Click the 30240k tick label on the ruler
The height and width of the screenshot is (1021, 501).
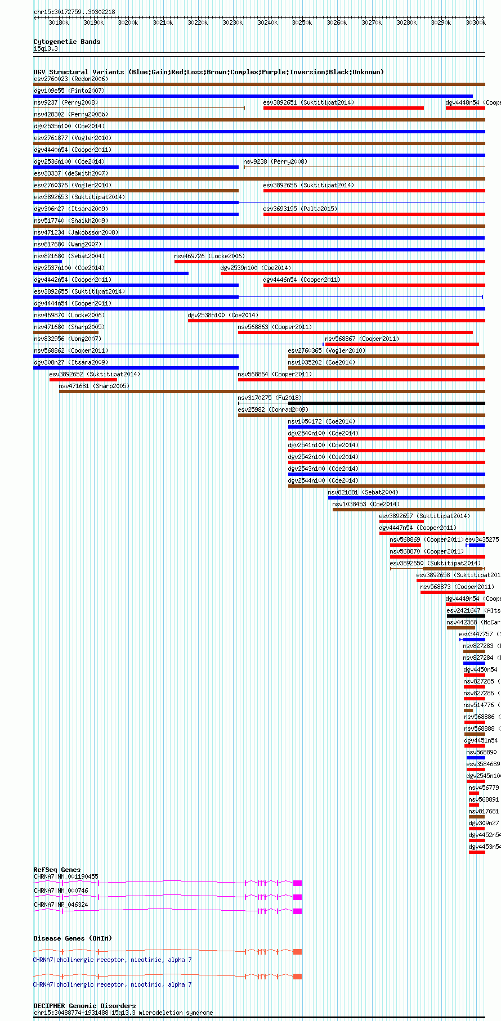tap(267, 23)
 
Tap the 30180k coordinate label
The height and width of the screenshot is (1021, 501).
tap(59, 23)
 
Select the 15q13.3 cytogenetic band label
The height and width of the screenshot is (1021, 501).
tap(46, 49)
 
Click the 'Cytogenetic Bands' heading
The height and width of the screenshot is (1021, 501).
tap(66, 42)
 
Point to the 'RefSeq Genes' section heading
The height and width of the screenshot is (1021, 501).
tap(57, 870)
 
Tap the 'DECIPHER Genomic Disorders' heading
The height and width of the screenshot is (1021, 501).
tap(84, 1006)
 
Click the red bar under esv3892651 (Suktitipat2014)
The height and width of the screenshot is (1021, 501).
tap(343, 108)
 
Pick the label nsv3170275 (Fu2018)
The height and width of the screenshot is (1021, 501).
tap(262, 398)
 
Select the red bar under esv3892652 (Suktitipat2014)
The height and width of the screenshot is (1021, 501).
tap(83, 380)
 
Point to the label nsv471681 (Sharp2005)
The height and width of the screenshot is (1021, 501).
tap(94, 386)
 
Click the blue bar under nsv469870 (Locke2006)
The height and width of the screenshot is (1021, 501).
tap(66, 321)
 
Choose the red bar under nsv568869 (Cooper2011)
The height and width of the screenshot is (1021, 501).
tap(405, 545)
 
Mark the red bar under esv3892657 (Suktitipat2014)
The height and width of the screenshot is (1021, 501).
tap(401, 521)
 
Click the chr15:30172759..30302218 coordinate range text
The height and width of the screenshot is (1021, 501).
tap(74, 12)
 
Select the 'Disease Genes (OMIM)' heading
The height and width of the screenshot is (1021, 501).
tap(73, 938)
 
